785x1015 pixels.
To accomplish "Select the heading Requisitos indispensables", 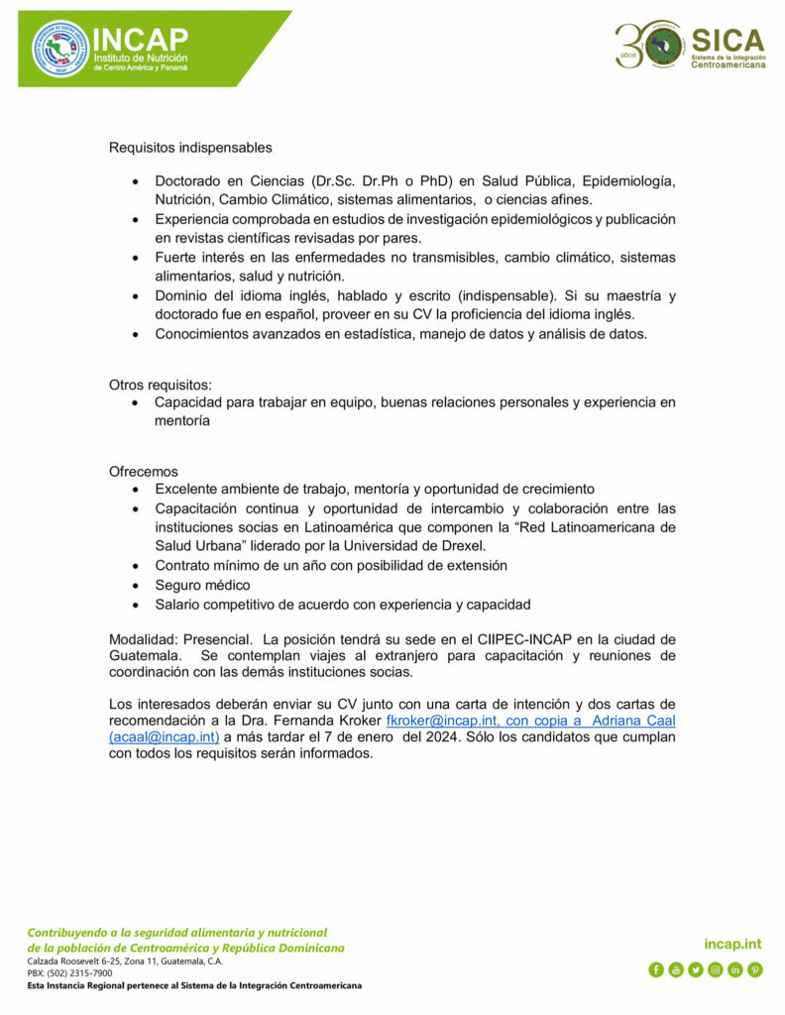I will coord(190,148).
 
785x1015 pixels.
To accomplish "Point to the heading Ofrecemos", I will coord(144,472).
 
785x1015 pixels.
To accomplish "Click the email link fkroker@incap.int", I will coord(440,721).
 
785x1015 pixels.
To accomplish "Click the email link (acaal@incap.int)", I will coord(165,736).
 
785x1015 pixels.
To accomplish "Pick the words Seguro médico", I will coord(202,585).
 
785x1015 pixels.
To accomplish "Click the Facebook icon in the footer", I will coord(655,969).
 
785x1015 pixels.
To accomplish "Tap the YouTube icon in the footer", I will coord(675,969).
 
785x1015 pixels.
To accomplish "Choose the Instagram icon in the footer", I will coord(715,969).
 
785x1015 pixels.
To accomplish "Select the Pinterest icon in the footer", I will coord(755,969).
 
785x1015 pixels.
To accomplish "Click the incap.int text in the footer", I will coord(732,945).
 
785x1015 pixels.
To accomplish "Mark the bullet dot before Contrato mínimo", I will coord(136,566).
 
